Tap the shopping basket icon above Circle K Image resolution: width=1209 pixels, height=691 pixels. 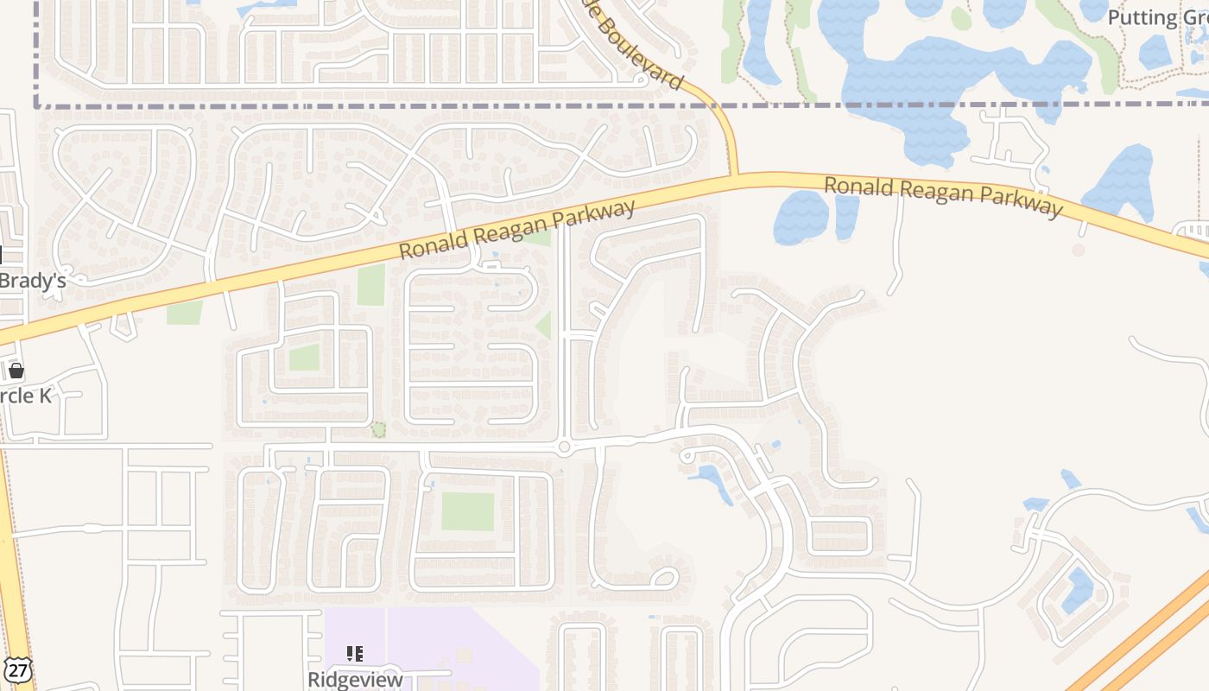tap(16, 371)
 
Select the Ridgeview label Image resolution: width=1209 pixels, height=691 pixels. tap(355, 680)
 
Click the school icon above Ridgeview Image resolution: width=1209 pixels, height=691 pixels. tap(354, 654)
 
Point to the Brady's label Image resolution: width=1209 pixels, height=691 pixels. tap(32, 280)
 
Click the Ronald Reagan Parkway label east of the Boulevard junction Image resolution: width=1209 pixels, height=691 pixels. tap(942, 196)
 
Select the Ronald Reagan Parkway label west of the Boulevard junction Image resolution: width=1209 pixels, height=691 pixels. tap(517, 229)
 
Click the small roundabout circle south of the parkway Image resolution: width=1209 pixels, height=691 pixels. tap(564, 447)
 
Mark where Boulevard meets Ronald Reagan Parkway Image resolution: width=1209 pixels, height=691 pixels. tap(735, 178)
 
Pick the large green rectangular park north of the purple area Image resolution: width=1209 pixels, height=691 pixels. tap(467, 511)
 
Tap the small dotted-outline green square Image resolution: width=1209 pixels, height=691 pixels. tap(378, 429)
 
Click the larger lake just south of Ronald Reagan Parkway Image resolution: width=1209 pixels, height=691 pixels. tap(801, 217)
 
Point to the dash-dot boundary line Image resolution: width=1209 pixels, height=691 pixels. tap(345, 106)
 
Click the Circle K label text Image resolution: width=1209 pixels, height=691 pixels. tap(26, 396)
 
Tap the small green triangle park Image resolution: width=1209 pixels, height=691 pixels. tap(544, 326)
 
